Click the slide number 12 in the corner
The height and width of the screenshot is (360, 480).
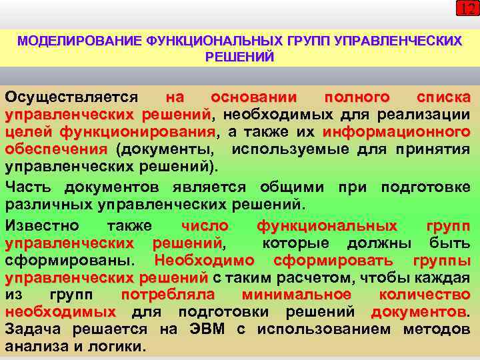[x=467, y=9]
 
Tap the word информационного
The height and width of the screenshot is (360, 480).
[x=396, y=131]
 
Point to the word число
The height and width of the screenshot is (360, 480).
[x=205, y=225]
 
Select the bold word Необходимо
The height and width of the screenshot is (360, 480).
[x=205, y=260]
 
